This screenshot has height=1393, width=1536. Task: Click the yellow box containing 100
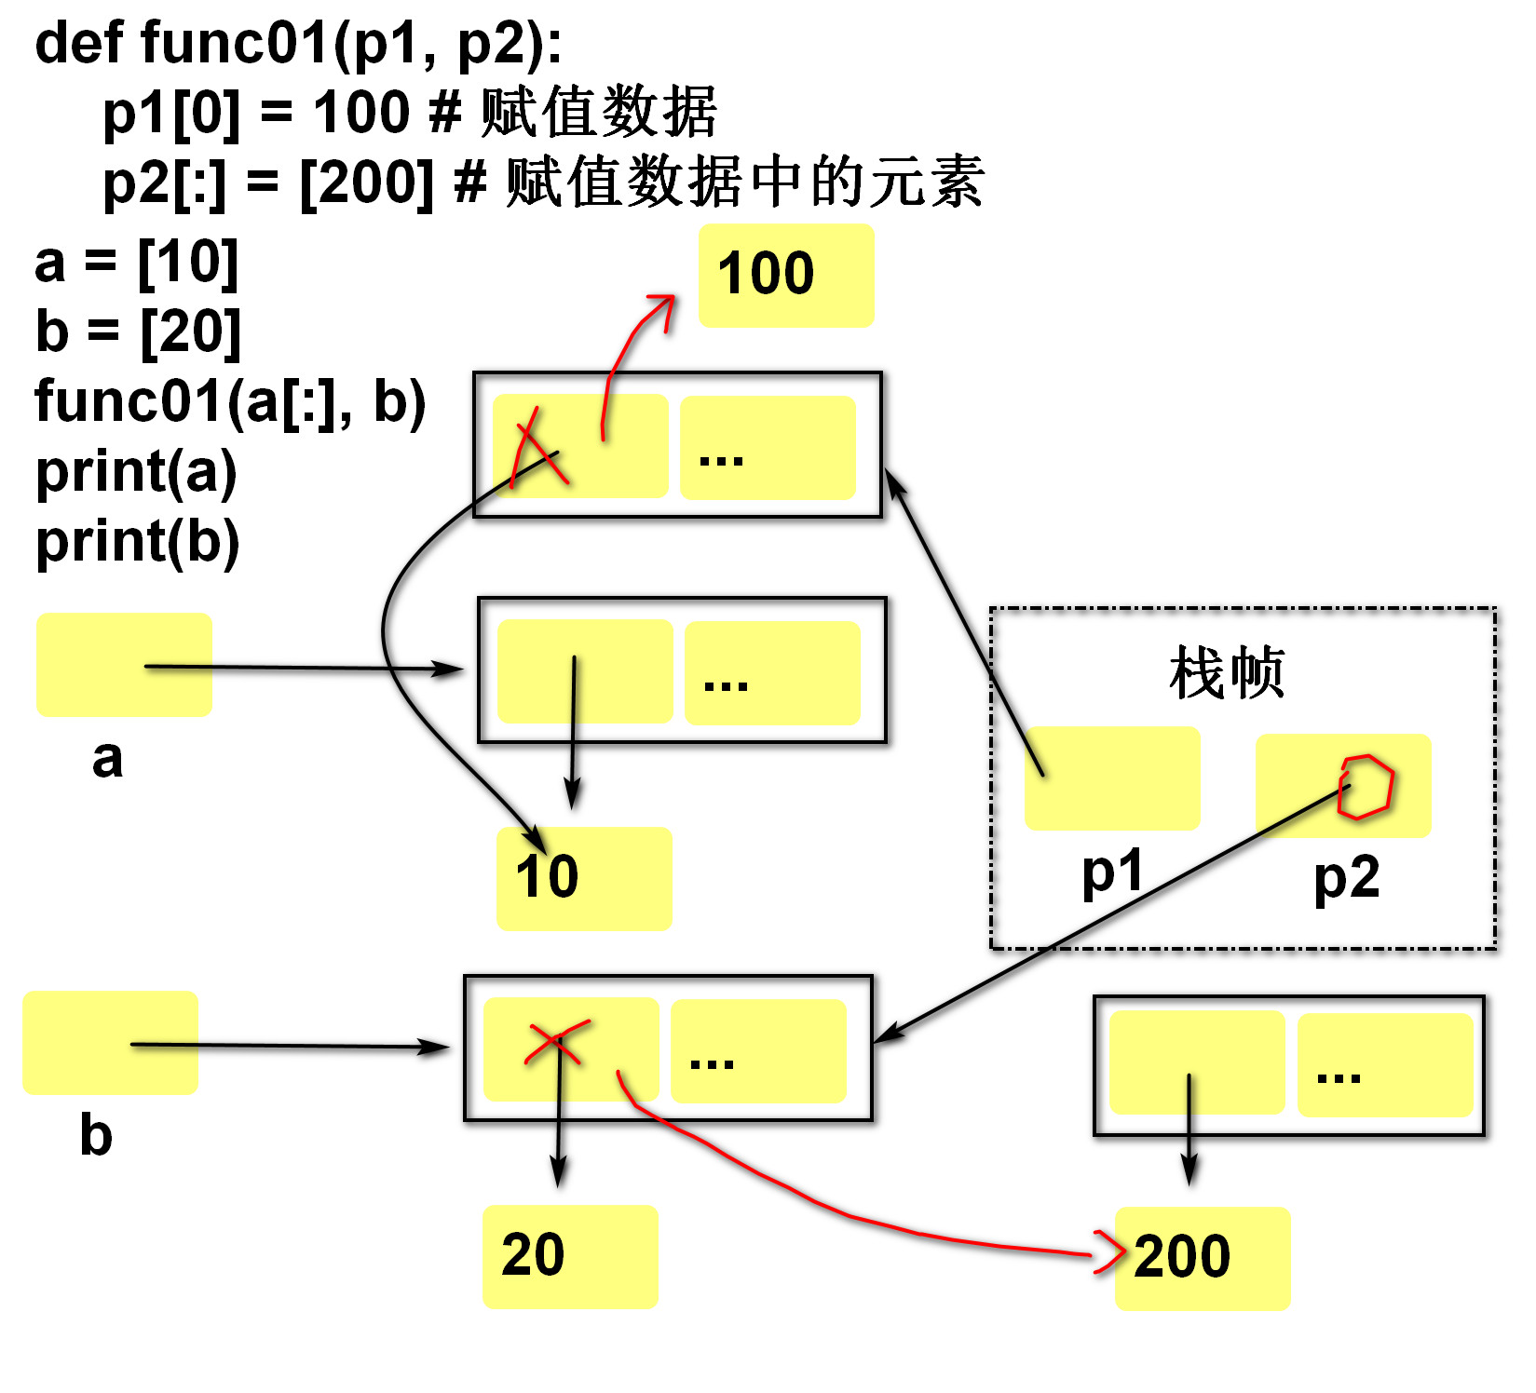(x=786, y=275)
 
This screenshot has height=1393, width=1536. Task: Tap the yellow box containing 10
(x=584, y=878)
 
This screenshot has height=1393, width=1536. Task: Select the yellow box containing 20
(x=570, y=1256)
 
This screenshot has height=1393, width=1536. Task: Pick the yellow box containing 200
(x=1202, y=1258)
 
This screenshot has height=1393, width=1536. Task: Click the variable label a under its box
(x=107, y=759)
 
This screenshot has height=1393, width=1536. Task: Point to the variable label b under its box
(x=96, y=1135)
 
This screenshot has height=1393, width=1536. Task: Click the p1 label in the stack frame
(x=1112, y=873)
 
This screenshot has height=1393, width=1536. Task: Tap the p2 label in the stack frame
(x=1346, y=878)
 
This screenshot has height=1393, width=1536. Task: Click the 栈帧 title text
(x=1227, y=672)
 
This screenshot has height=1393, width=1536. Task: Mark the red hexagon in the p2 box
(x=1365, y=787)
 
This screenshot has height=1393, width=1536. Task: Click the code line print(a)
(x=136, y=472)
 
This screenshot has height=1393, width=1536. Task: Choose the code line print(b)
(x=138, y=542)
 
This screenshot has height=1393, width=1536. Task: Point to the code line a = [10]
(x=136, y=263)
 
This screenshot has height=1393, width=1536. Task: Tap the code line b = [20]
(x=138, y=332)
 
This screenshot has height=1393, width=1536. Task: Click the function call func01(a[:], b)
(x=230, y=401)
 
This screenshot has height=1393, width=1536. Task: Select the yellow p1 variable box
(x=1112, y=778)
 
